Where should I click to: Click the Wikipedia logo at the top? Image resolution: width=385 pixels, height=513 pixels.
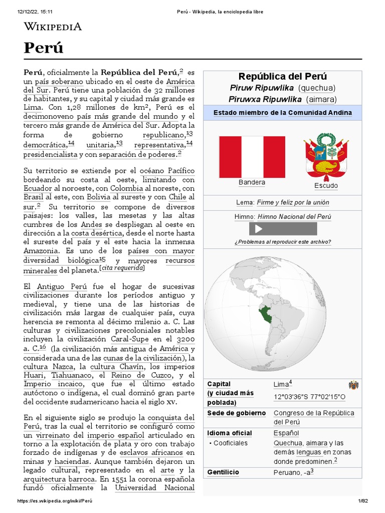click(53, 27)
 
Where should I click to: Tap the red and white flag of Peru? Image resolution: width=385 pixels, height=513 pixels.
click(252, 157)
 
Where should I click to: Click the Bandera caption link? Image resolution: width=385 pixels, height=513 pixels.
click(252, 182)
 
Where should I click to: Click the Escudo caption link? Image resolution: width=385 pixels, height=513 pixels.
click(326, 186)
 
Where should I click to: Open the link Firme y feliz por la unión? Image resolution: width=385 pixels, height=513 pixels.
click(293, 203)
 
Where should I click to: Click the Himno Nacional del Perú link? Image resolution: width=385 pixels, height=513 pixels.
click(295, 217)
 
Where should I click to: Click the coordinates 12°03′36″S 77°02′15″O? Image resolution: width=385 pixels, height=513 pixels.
click(309, 397)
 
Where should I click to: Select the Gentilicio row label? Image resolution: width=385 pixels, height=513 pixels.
click(223, 472)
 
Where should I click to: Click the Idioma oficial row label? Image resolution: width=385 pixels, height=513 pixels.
click(230, 433)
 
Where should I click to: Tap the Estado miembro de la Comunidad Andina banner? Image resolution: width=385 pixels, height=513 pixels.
click(282, 113)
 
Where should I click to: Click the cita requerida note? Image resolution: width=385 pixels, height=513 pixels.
click(122, 268)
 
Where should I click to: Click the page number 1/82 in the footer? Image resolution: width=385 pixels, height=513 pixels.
click(363, 501)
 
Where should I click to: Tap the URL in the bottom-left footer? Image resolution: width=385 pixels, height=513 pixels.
click(55, 501)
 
